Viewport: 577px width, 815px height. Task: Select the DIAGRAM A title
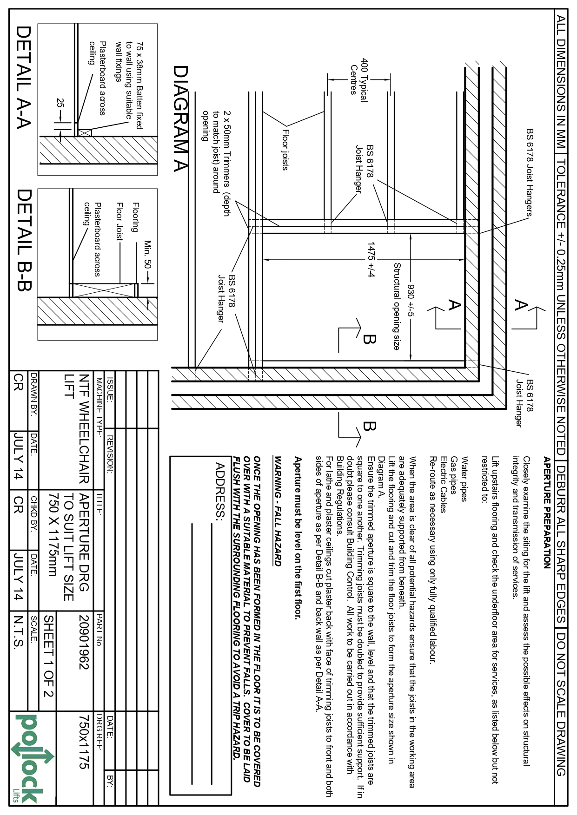[180, 118]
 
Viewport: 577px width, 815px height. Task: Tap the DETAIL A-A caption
[23, 77]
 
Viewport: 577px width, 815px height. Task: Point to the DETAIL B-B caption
[23, 240]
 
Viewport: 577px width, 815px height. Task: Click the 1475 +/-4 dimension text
[371, 259]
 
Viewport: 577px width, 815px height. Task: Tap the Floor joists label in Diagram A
[285, 149]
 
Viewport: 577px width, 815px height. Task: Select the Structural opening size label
[397, 306]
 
